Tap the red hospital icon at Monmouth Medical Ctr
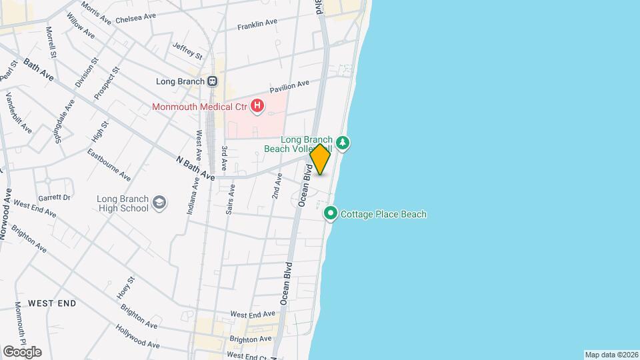point(257,106)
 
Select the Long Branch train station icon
point(213,81)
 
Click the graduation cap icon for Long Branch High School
point(159,203)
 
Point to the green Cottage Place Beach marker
point(331,214)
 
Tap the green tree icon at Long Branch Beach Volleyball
point(342,143)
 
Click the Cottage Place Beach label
point(383,215)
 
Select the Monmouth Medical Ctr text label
point(199,107)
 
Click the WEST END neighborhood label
point(52,303)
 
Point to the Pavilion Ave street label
point(289,87)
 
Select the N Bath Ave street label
point(195,169)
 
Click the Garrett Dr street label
point(53,198)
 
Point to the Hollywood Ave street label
point(137,337)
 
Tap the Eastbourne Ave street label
point(109,165)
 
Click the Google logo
point(22,352)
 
